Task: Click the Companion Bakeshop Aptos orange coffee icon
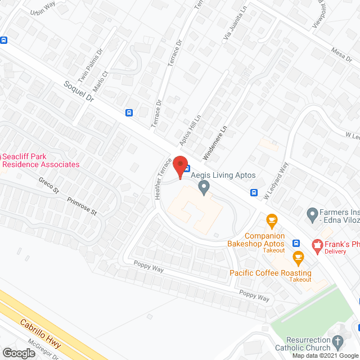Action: pos(272,219)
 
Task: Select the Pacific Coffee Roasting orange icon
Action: pos(298,258)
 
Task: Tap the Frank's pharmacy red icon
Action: pos(317,244)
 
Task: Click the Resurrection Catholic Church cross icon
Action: pos(337,341)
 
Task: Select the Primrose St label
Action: pos(82,206)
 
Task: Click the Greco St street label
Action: pos(48,185)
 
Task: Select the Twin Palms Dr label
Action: pos(91,64)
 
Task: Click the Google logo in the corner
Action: pos(18,353)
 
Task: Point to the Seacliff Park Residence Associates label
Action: pos(39,160)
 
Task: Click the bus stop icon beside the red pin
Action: pos(187,168)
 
